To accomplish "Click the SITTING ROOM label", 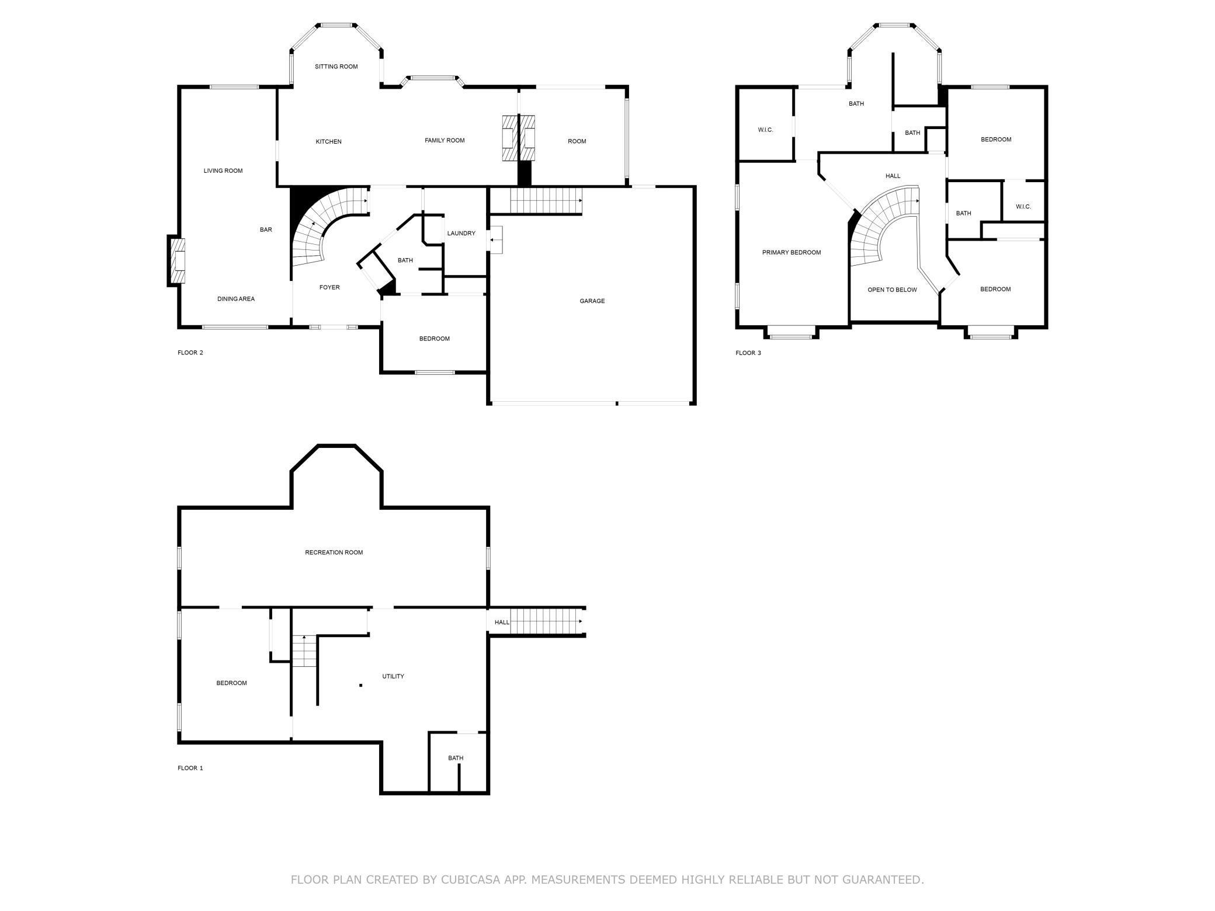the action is click(x=336, y=67).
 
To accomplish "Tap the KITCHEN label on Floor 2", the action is click(x=328, y=142).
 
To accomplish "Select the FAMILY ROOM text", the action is click(x=445, y=140).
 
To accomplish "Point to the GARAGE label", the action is click(x=592, y=301).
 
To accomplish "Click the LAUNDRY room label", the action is click(x=461, y=234).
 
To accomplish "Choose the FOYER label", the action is click(x=329, y=287).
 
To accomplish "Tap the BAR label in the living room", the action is click(x=266, y=230).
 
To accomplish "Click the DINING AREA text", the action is click(x=236, y=299).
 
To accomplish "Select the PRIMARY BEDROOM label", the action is click(x=792, y=253).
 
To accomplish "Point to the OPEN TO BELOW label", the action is click(x=892, y=290).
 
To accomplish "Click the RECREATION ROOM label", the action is click(x=334, y=552).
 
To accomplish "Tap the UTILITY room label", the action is click(x=393, y=676).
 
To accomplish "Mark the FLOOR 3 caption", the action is click(x=748, y=353).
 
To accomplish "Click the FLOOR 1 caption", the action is click(x=190, y=768).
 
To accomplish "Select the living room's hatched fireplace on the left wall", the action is click(x=177, y=260).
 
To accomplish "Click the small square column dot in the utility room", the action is click(x=360, y=685).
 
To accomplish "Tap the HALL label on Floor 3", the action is click(x=893, y=176).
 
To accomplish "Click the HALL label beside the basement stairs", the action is click(x=502, y=623).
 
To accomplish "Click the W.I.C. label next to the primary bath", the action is click(x=765, y=130).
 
